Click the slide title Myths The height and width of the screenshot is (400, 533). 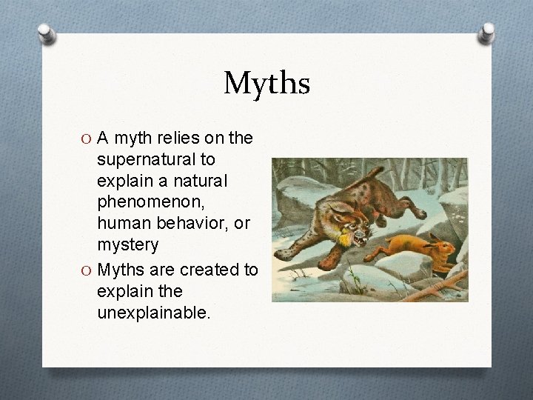(266, 83)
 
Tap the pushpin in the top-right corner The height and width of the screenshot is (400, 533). (487, 33)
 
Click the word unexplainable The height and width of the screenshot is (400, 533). (153, 313)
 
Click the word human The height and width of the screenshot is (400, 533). (122, 224)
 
